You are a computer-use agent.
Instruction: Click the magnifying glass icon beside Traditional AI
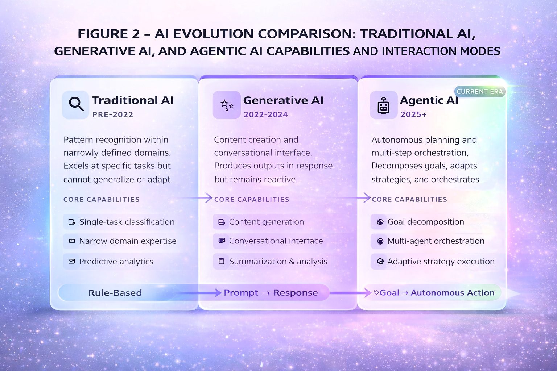[76, 104]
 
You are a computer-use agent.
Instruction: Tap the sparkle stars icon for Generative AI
[227, 105]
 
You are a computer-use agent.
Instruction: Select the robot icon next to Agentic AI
[383, 105]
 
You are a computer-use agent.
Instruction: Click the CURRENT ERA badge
[479, 92]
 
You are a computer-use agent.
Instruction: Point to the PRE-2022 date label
[113, 114]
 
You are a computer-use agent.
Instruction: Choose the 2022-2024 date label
[266, 114]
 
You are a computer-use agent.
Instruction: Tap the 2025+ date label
[413, 114]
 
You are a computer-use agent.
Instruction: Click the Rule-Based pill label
[115, 293]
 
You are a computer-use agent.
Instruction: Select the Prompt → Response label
[271, 293]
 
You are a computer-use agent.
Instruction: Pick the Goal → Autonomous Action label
[437, 293]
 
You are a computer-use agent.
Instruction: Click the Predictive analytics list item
[116, 262]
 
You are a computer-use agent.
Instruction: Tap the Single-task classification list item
[127, 222]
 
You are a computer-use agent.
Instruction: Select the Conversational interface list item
[276, 241]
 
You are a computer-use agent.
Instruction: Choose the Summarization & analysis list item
[278, 262]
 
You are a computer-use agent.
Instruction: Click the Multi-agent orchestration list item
[436, 241]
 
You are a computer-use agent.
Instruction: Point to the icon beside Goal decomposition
[380, 222]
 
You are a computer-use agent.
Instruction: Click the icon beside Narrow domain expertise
[72, 241]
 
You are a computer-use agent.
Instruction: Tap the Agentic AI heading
[429, 100]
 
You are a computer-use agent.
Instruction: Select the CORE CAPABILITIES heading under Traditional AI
[102, 200]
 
